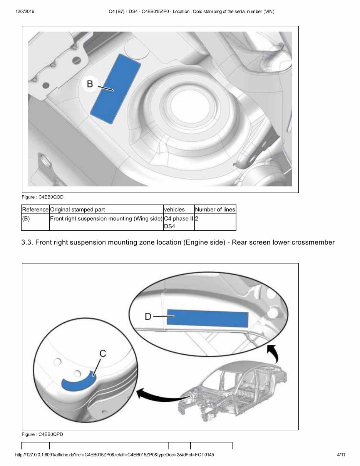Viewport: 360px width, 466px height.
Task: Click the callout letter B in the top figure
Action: [90, 84]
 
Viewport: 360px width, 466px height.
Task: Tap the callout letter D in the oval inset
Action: [148, 317]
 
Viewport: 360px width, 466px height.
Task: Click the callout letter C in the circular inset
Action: [103, 354]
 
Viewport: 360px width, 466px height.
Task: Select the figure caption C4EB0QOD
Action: [42, 197]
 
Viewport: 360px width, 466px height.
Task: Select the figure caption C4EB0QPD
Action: [42, 434]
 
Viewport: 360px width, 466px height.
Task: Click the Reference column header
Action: [35, 210]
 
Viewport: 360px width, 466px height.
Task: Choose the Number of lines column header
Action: [215, 210]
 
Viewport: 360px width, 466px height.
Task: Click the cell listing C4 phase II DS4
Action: [178, 223]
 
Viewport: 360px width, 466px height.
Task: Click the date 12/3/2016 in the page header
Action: [25, 12]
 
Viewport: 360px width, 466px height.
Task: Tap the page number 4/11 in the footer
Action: [341, 455]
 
